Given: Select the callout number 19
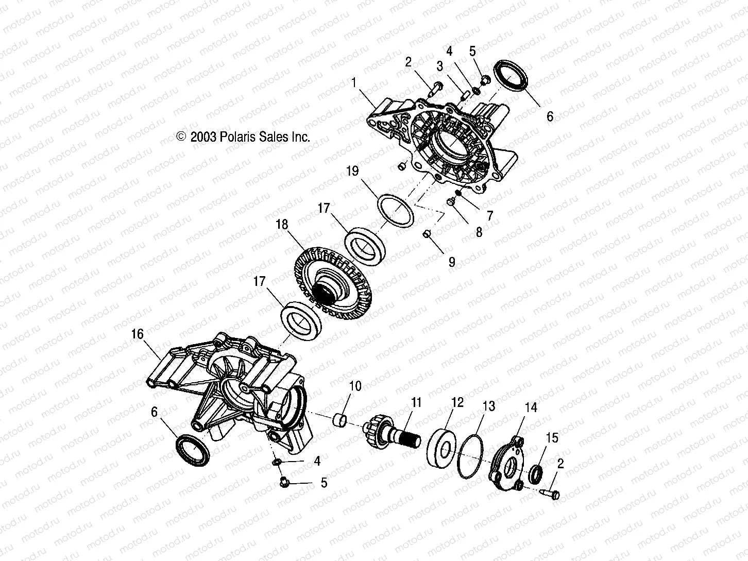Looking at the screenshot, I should [x=352, y=172].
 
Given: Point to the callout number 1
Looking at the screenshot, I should [x=353, y=82].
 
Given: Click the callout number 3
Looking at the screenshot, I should [x=439, y=66].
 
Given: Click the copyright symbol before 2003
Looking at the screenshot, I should [x=180, y=137].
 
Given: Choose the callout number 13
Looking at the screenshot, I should [x=488, y=406].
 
